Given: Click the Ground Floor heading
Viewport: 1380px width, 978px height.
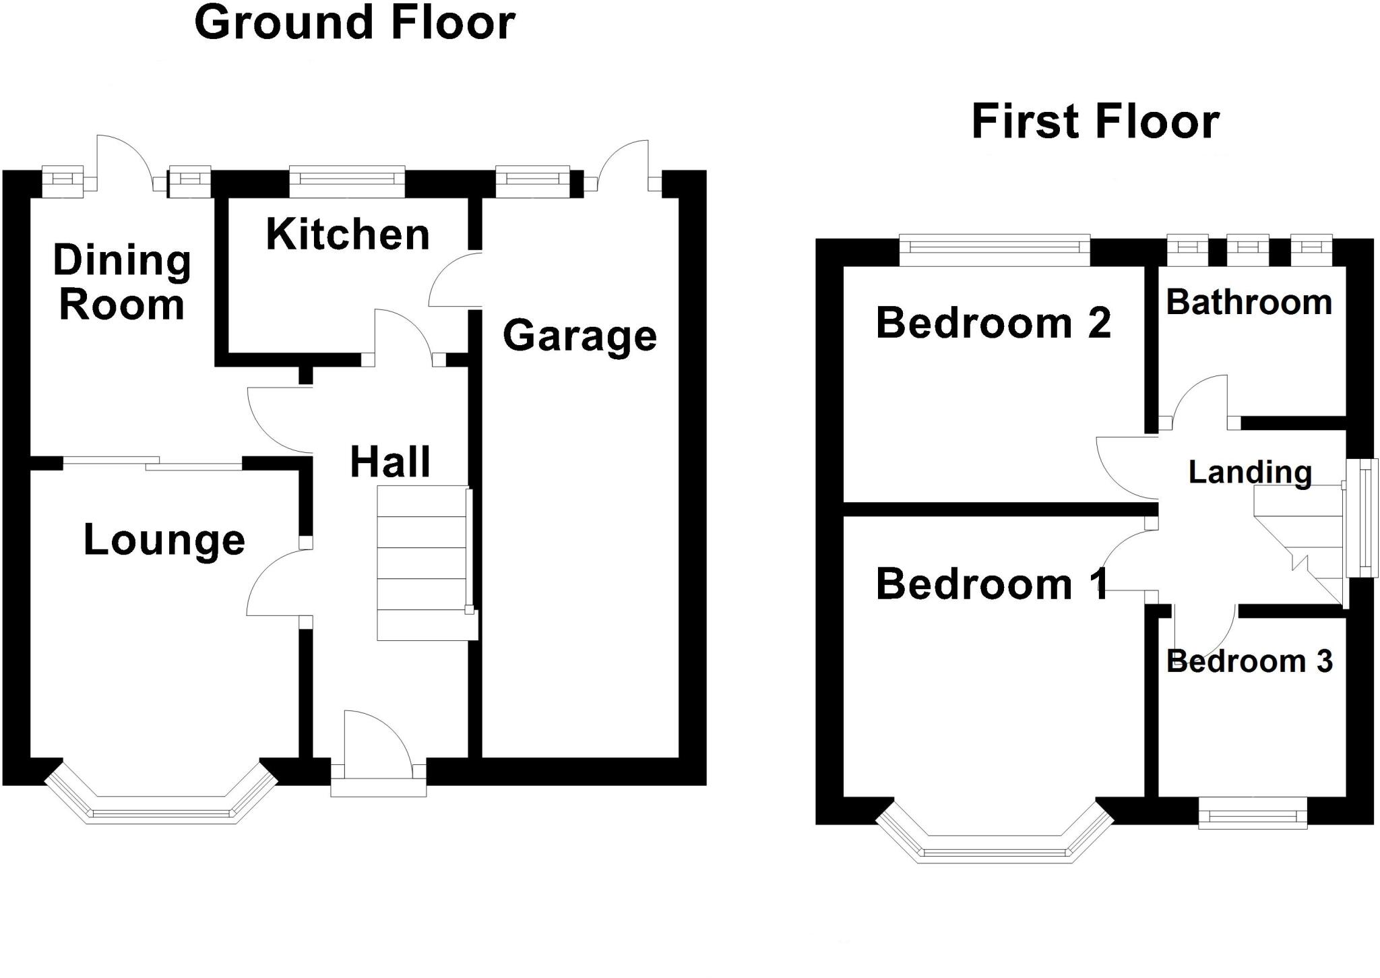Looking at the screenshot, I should coord(354,24).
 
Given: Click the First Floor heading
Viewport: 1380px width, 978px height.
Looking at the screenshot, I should coord(1095,123).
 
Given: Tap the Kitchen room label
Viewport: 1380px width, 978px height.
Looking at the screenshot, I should coord(348,235).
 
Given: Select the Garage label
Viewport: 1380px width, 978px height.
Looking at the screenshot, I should coord(579,336).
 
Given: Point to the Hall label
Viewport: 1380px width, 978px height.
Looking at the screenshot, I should coord(390,462).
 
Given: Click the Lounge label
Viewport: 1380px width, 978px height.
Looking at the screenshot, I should coord(164,541).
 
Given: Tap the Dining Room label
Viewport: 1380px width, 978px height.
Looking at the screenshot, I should coord(122,282).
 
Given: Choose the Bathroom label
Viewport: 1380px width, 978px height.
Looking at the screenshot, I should coord(1249,303).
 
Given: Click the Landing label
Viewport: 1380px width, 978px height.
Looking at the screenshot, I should coord(1250,472).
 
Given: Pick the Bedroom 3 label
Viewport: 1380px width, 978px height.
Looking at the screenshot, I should coord(1249,661).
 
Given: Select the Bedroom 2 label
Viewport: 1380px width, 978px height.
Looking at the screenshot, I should coord(993,323).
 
